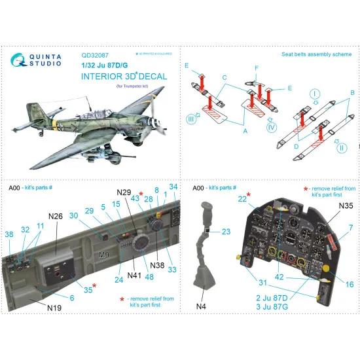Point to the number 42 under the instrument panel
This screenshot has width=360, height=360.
coord(279,277)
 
